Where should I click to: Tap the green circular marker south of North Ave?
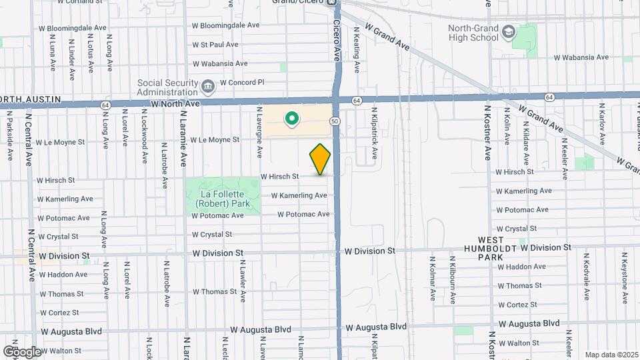click(291, 119)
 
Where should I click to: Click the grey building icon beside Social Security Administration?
click(207, 86)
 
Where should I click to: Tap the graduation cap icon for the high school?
click(509, 32)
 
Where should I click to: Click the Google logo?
click(22, 351)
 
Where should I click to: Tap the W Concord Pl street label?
click(242, 82)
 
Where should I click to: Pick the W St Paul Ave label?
click(215, 45)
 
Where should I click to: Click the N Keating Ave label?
click(357, 50)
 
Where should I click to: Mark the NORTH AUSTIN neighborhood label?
click(31, 99)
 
